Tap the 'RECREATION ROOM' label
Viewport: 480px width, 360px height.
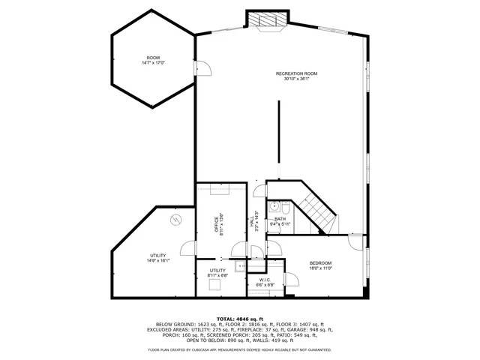[x=296, y=73]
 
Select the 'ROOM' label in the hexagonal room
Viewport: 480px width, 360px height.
[x=153, y=58]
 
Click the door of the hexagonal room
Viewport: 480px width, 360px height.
[x=201, y=69]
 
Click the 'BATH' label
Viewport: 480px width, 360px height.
[x=280, y=218]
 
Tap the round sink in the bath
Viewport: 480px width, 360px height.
[x=275, y=205]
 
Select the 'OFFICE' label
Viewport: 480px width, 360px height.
[x=220, y=226]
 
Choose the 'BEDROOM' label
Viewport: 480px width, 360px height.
[x=320, y=262]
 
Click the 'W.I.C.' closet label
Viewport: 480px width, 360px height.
[x=265, y=280]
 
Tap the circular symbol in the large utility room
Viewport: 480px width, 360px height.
[x=175, y=219]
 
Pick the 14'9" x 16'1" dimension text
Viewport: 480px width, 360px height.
[x=159, y=261]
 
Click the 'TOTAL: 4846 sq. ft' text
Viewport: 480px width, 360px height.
[x=240, y=319]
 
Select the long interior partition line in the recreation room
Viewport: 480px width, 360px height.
[x=278, y=141]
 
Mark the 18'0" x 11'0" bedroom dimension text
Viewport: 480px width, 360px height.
[x=320, y=268]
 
